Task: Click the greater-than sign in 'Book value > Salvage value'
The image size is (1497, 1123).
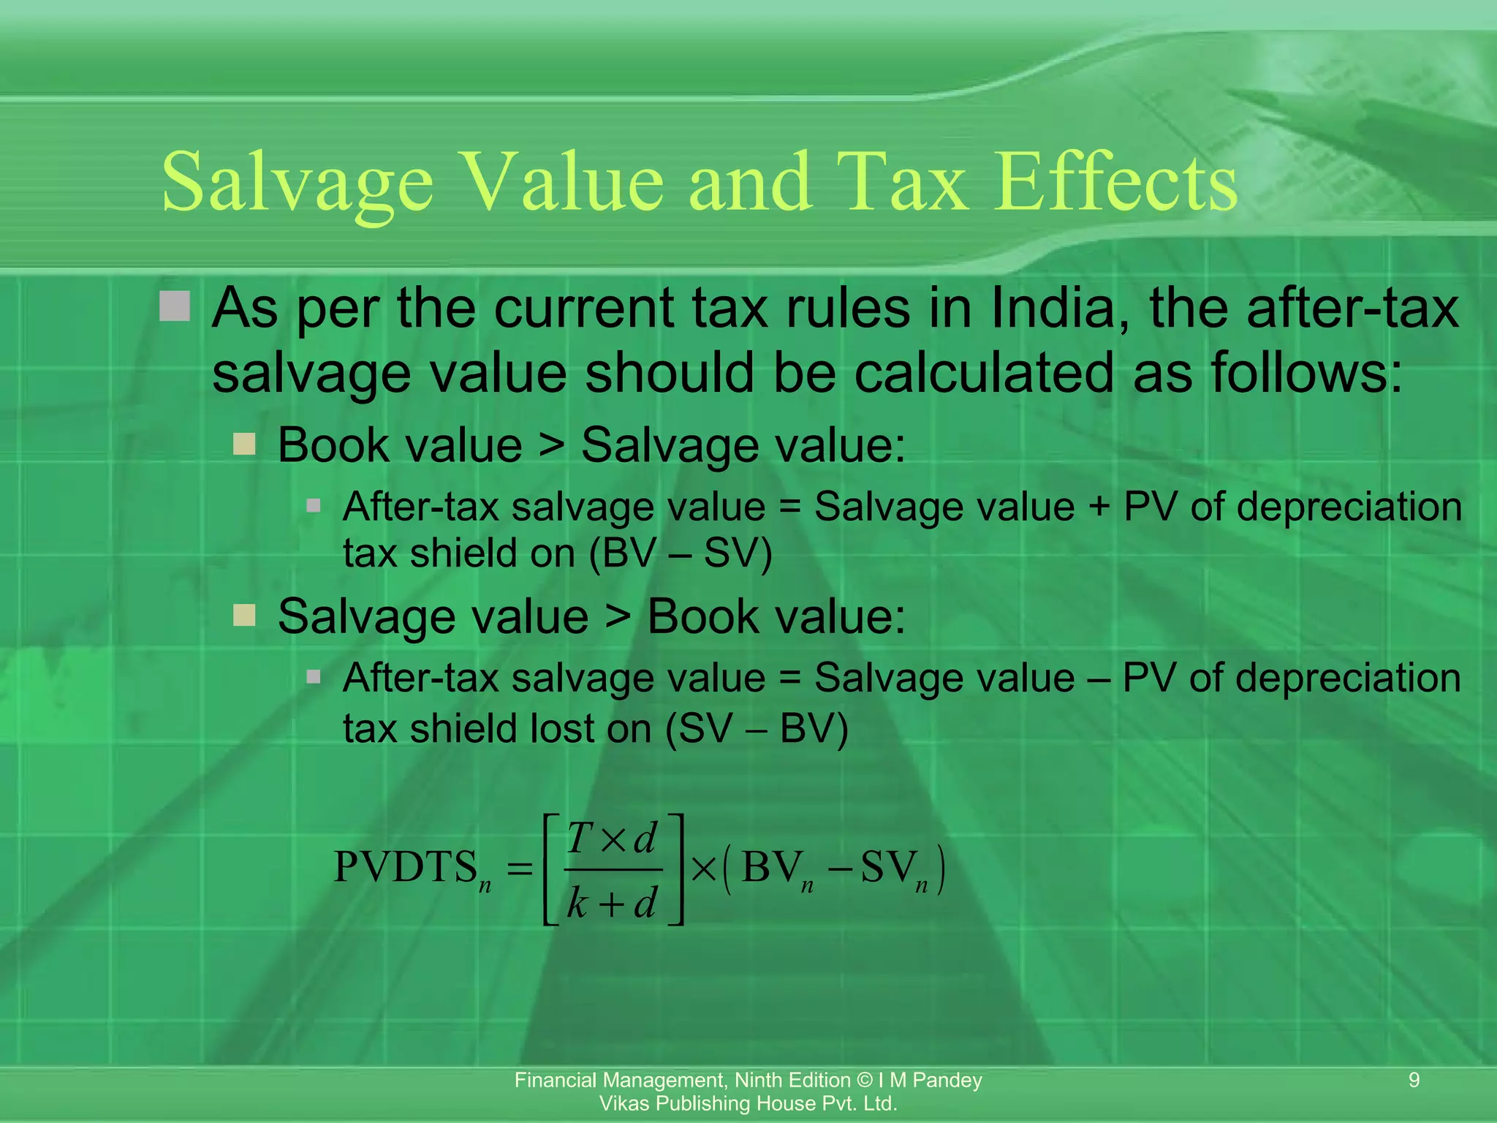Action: tap(552, 445)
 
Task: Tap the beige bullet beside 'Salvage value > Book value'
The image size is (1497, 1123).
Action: tap(244, 615)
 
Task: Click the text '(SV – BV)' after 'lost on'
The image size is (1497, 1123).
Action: tap(757, 729)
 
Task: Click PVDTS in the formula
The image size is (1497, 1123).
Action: tap(406, 868)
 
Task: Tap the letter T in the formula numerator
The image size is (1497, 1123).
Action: tap(580, 838)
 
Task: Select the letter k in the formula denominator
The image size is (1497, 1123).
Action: tap(577, 904)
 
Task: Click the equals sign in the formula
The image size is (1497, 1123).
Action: tap(520, 869)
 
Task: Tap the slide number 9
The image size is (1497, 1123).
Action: tap(1414, 1080)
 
